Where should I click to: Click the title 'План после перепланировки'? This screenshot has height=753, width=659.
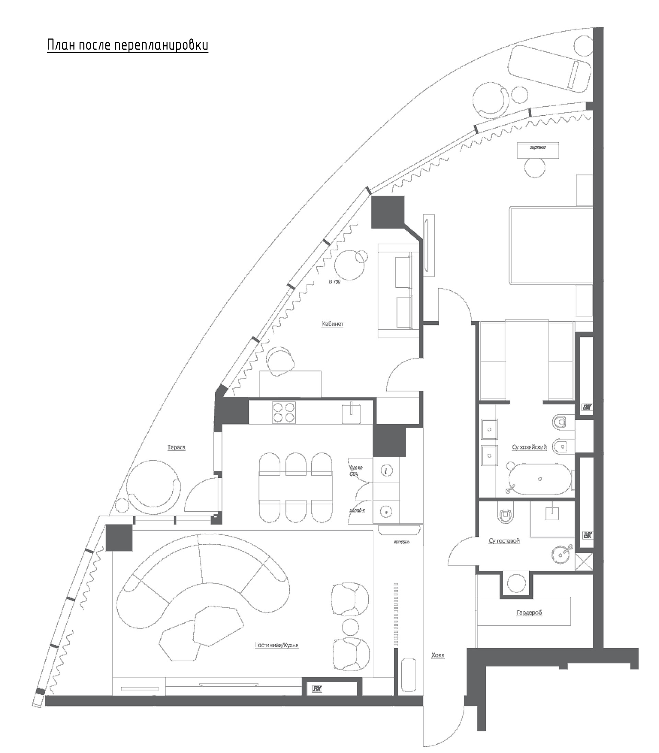point(127,45)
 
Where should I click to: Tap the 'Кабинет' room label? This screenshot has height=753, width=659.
point(333,324)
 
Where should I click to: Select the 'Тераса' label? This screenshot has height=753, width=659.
point(176,448)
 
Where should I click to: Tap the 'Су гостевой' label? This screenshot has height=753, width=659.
point(504,541)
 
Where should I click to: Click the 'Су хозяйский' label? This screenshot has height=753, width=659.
point(529,448)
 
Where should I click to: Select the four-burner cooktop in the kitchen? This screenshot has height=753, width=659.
point(284,413)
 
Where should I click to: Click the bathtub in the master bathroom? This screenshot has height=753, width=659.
point(540,479)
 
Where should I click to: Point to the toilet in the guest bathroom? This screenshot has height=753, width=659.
point(505,515)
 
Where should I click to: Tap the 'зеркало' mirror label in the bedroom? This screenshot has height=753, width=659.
point(537,148)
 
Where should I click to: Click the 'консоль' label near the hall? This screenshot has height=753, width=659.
point(401,542)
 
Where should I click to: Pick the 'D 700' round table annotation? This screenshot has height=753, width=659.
point(334,282)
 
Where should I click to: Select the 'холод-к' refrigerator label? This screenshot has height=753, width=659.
point(357,511)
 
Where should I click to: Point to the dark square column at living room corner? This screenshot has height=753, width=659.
point(119,537)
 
